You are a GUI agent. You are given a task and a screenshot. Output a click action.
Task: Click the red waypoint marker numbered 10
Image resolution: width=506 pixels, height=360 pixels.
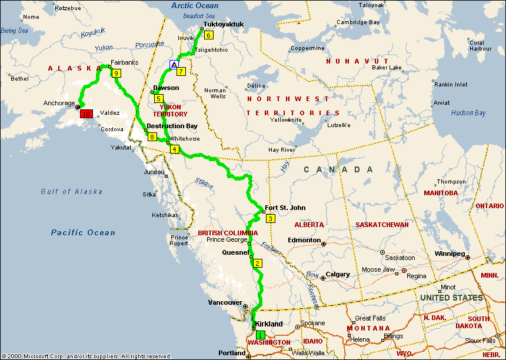coord(86,114)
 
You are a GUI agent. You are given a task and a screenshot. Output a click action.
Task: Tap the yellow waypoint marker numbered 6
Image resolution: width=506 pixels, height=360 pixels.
coord(208,34)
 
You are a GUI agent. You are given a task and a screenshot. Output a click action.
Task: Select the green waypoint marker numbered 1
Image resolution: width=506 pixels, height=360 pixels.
coord(261,334)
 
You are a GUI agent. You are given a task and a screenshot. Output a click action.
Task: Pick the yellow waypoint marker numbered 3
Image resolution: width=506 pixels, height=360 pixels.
coord(271,219)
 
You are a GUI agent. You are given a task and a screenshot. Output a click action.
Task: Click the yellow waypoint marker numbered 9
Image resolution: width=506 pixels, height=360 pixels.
coord(116,74)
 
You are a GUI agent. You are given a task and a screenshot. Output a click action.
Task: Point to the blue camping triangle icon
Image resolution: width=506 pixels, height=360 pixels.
coord(174,64)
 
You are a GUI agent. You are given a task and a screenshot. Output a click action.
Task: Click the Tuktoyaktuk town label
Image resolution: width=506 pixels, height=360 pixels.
coord(223,25)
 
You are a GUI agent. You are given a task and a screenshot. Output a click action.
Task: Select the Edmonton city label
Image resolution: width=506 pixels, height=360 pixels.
coord(304,240)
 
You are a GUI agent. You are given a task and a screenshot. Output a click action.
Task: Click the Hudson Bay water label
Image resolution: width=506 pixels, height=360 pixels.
coord(468,113)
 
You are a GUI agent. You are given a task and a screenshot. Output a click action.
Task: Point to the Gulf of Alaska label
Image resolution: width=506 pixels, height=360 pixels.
coord(71,192)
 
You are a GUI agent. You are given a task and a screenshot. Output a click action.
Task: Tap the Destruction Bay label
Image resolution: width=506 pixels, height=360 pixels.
coord(172,126)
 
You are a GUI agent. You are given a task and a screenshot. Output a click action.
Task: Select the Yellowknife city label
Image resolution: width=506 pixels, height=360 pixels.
coord(286,119)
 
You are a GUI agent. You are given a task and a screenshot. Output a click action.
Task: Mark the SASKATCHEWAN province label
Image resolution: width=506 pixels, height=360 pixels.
coord(382,225)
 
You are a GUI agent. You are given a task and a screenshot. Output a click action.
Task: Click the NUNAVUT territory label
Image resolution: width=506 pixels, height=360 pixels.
coord(358,61)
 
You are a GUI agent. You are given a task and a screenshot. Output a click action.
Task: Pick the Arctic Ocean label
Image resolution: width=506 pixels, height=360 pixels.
coord(194,5)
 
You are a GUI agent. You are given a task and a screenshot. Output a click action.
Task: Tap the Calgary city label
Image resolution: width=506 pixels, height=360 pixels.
coord(338,275)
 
